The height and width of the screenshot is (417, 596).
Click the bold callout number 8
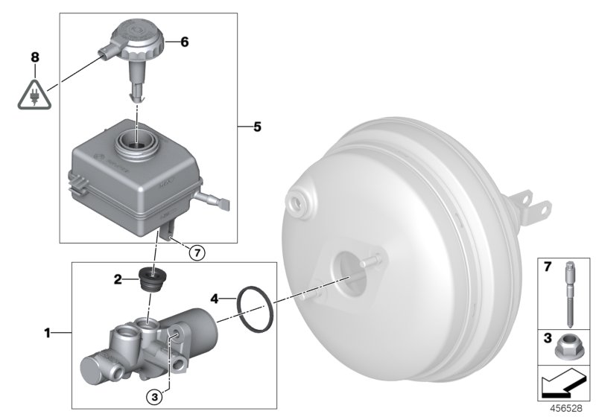pos(33,57)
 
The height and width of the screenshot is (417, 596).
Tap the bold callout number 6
pos(184,42)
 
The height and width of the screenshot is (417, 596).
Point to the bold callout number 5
pos(256,127)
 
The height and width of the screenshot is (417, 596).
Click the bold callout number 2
pos(118,280)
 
